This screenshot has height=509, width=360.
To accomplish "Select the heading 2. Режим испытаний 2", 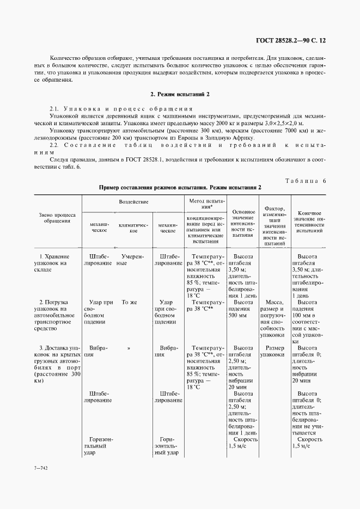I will tap(180, 94).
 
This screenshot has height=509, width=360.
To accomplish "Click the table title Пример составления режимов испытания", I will tap(180, 187).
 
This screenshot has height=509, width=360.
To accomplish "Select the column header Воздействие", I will tap(133, 201).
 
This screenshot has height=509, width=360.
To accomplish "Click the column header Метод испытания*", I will tap(204, 204).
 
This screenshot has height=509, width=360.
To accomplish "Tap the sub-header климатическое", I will tap(133, 227).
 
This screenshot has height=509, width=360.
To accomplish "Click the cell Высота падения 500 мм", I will tap(243, 308).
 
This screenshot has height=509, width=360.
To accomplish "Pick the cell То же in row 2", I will tap(129, 302).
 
